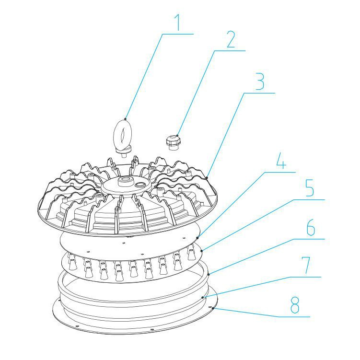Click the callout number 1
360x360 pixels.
pyautogui.click(x=178, y=22)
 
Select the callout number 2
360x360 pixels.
pyautogui.click(x=231, y=40)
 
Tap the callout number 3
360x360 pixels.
pyautogui.click(x=259, y=82)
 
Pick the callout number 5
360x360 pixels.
pyautogui.click(x=309, y=188)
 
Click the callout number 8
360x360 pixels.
pyautogui.click(x=296, y=305)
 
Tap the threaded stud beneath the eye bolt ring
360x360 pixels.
pyautogui.click(x=125, y=153)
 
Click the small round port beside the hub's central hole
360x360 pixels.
pyautogui.click(x=140, y=184)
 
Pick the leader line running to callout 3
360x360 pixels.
pyautogui.click(x=226, y=134)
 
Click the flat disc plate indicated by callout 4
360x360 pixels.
pyautogui.click(x=129, y=244)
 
